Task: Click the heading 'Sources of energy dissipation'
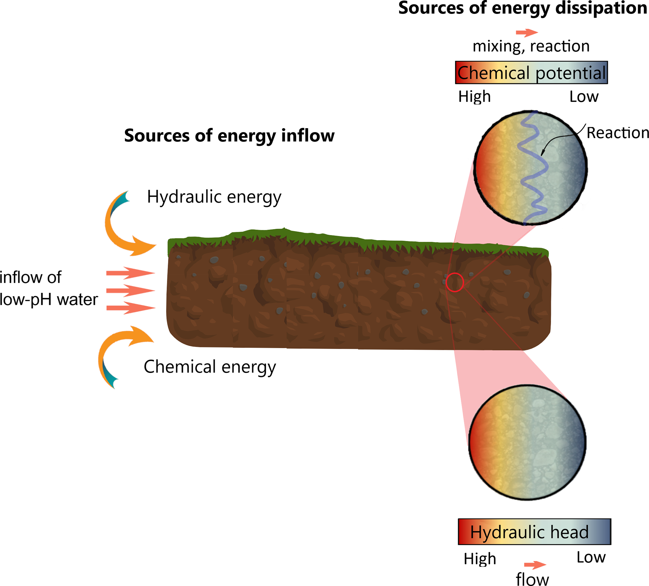pyautogui.click(x=522, y=8)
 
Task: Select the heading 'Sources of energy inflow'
pyautogui.click(x=229, y=135)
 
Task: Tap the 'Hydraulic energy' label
pyautogui.click(x=214, y=197)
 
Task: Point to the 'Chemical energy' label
pyautogui.click(x=210, y=367)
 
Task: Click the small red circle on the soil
pyautogui.click(x=455, y=282)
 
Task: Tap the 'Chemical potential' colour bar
pyautogui.click(x=531, y=73)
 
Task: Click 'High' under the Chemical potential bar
pyautogui.click(x=474, y=96)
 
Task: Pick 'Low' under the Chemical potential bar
pyautogui.click(x=584, y=96)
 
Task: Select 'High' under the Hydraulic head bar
pyautogui.click(x=480, y=559)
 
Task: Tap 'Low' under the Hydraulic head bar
pyautogui.click(x=591, y=557)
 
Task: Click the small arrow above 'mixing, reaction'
pyautogui.click(x=527, y=32)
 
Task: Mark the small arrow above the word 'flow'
pyautogui.click(x=535, y=565)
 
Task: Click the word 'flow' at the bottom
pyautogui.click(x=532, y=579)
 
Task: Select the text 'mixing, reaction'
pyautogui.click(x=531, y=47)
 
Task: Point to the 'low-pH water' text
pyautogui.click(x=49, y=300)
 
